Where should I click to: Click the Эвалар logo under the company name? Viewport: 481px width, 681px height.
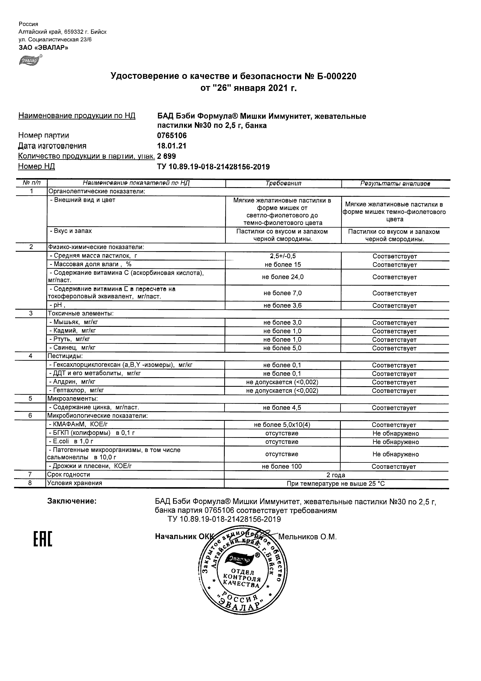tap(30, 60)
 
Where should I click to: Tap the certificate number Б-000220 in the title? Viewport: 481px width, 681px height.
tap(336, 77)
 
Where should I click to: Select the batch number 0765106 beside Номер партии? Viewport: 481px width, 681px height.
tap(172, 136)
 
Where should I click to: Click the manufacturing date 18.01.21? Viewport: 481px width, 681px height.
tap(172, 146)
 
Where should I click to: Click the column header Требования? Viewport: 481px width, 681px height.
tap(283, 183)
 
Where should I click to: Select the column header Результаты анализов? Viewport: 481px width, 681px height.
tap(395, 184)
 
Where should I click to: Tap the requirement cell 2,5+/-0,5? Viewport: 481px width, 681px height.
tap(283, 256)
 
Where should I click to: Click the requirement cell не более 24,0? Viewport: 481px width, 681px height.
tap(283, 277)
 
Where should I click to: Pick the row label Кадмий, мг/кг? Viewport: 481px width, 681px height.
tap(73, 330)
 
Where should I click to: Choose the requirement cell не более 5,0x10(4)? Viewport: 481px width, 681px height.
tap(282, 425)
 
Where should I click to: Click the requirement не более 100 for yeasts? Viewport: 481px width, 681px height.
tap(282, 467)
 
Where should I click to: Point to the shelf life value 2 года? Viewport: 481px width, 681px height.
tap(336, 475)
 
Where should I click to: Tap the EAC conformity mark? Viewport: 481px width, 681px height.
tap(42, 540)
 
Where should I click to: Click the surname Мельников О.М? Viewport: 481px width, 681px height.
tap(308, 537)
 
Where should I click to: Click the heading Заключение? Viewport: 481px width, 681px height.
tap(72, 501)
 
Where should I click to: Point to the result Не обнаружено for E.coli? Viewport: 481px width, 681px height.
tap(396, 442)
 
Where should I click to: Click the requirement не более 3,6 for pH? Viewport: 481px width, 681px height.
tap(282, 306)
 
